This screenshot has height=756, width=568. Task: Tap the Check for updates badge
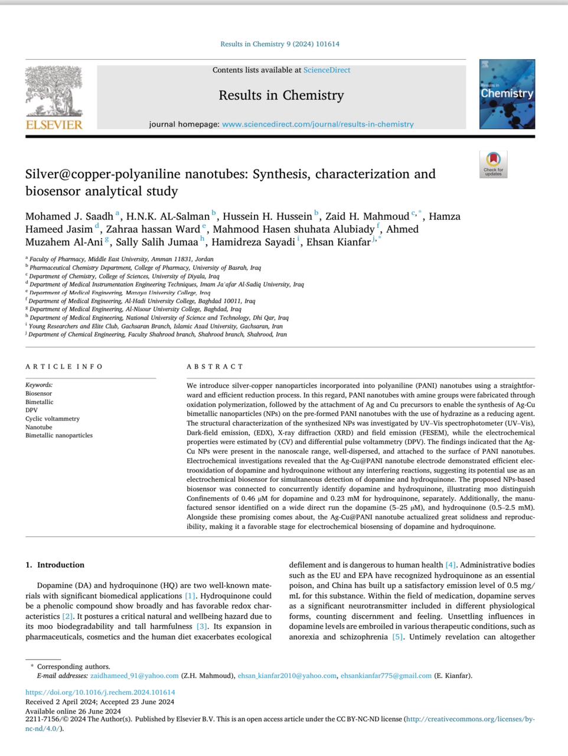pos(493,164)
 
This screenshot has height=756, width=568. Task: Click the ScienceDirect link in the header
pos(327,70)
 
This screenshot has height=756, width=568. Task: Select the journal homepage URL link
pos(318,124)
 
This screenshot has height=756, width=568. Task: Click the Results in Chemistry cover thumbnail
pos(507,94)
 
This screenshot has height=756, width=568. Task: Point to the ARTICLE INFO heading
pos(64,367)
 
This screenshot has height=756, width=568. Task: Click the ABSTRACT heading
pos(215,367)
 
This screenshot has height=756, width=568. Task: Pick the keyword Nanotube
pos(39,427)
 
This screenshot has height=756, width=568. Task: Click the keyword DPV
pos(31,410)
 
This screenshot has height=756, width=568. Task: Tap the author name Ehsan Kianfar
pos(338,242)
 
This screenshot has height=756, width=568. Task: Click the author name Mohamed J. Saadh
pos(69,216)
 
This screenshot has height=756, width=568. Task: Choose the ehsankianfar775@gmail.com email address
pos(386,676)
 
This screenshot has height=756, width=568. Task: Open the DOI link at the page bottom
pos(100,692)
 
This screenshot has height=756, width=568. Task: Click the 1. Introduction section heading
pos(55,565)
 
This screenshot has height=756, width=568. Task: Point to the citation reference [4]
pos(451,565)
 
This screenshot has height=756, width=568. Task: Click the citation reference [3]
pos(202,627)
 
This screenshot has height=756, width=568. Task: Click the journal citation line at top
pos(280,44)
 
